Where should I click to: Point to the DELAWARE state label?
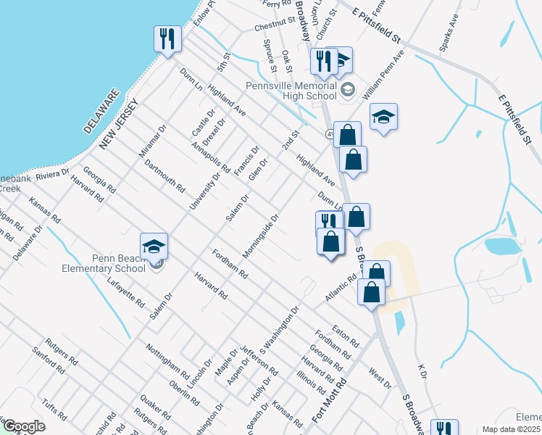(x=101, y=111)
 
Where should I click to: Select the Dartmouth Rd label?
(x=164, y=176)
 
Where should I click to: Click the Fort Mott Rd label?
(x=320, y=405)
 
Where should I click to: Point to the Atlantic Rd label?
(x=341, y=289)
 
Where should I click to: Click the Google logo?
(x=23, y=426)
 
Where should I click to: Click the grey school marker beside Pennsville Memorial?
(x=347, y=90)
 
